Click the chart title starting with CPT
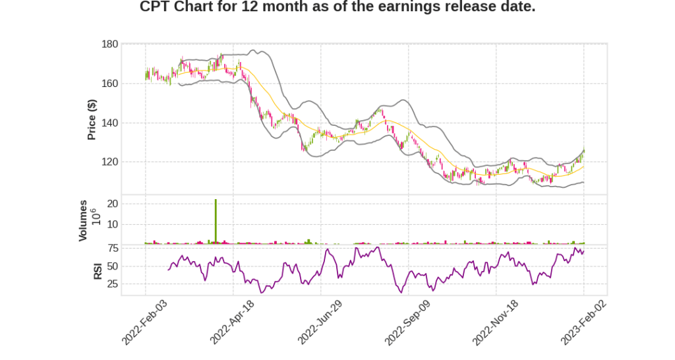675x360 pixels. tap(337, 7)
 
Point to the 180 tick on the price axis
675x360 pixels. tap(109, 44)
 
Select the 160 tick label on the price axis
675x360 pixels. tap(109, 84)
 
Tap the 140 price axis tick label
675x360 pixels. tap(109, 123)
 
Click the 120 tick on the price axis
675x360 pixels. tap(109, 162)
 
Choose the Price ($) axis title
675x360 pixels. tap(92, 119)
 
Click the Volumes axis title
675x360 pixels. tap(83, 220)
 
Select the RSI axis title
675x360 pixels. tap(98, 270)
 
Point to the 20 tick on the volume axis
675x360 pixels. tap(113, 204)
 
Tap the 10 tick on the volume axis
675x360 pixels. tap(113, 224)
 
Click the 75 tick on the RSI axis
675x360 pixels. tap(113, 248)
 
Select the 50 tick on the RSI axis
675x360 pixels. tap(113, 266)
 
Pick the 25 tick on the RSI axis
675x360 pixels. tap(113, 284)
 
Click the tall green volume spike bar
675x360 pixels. tap(216, 222)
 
